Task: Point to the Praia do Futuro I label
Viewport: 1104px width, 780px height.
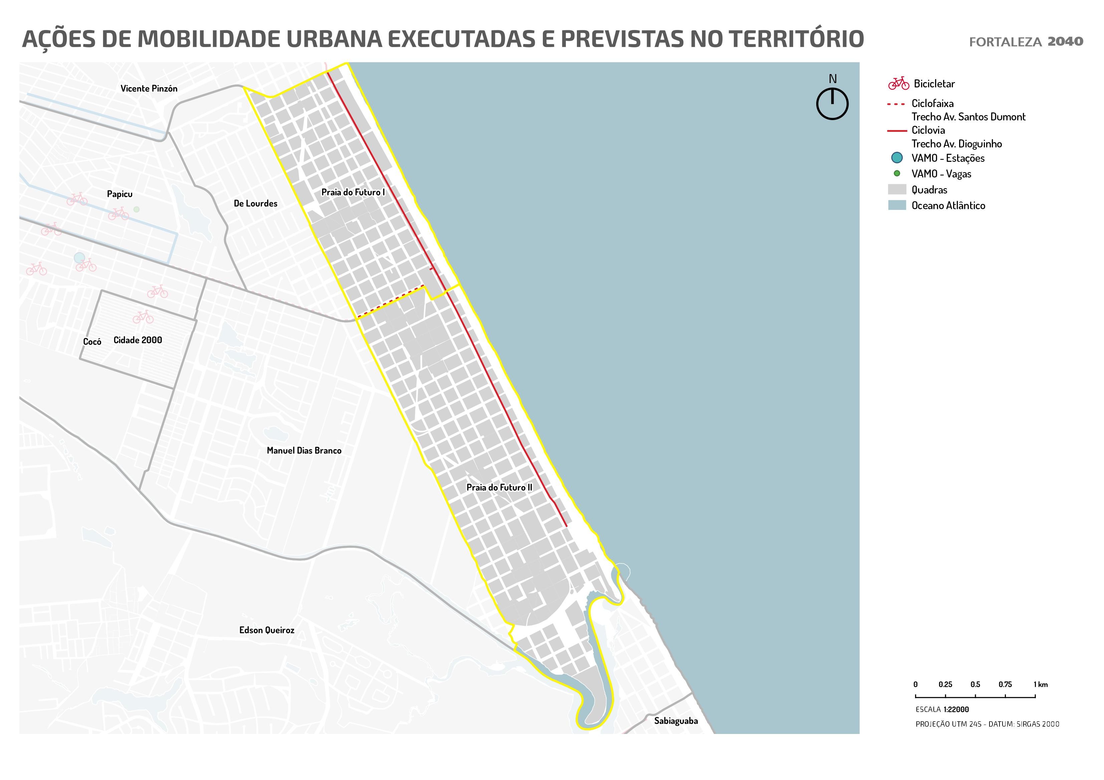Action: coord(353,192)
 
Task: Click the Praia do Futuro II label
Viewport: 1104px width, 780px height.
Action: coord(499,487)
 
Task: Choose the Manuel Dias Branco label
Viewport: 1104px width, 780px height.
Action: coord(304,451)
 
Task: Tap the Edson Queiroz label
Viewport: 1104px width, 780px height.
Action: coord(266,630)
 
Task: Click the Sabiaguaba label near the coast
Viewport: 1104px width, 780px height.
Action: coord(676,721)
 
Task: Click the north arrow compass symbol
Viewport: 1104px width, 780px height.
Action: coord(832,103)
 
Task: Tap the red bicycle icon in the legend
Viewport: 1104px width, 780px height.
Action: coord(898,84)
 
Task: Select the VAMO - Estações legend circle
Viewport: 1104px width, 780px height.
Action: coord(896,157)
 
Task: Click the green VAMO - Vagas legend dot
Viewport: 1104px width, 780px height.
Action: coord(896,173)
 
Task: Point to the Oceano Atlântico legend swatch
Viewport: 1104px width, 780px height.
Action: coord(896,205)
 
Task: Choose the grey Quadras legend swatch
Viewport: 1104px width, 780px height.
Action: coord(896,189)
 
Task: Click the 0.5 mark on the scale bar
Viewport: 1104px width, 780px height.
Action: coord(975,695)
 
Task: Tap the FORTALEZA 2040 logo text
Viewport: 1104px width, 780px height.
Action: coord(1026,42)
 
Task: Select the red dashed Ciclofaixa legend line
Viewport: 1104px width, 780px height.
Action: coord(896,104)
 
